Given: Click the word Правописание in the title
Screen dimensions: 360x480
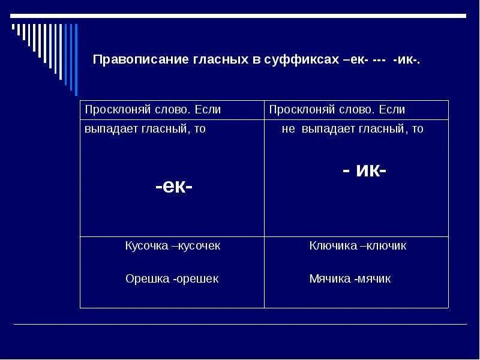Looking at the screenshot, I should pyautogui.click(x=128, y=61).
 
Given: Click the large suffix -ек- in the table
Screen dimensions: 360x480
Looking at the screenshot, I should pyautogui.click(x=174, y=187).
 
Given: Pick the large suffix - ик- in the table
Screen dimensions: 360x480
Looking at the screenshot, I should pyautogui.click(x=364, y=170).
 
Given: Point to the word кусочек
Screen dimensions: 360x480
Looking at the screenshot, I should pyautogui.click(x=199, y=246).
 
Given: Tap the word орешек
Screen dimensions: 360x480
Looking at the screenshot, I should pyautogui.click(x=199, y=278).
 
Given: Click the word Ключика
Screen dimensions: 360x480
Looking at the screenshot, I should pyautogui.click(x=331, y=246).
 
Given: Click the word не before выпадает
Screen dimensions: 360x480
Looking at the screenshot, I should pyautogui.click(x=289, y=129).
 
